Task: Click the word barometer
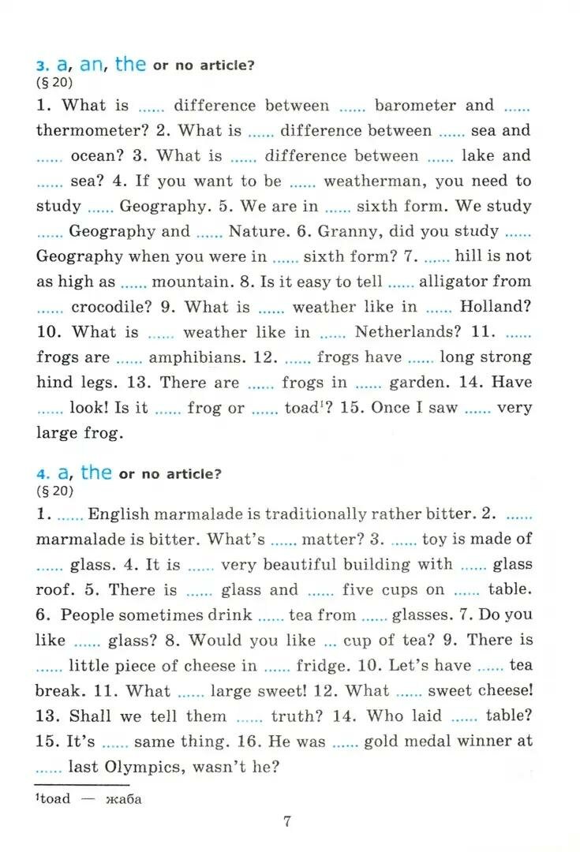pyautogui.click(x=415, y=106)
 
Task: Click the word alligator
pyautogui.click(x=464, y=282)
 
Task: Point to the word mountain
pyautogui.click(x=188, y=282)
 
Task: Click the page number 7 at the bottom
pyautogui.click(x=287, y=821)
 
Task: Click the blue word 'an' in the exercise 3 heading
pyautogui.click(x=92, y=65)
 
